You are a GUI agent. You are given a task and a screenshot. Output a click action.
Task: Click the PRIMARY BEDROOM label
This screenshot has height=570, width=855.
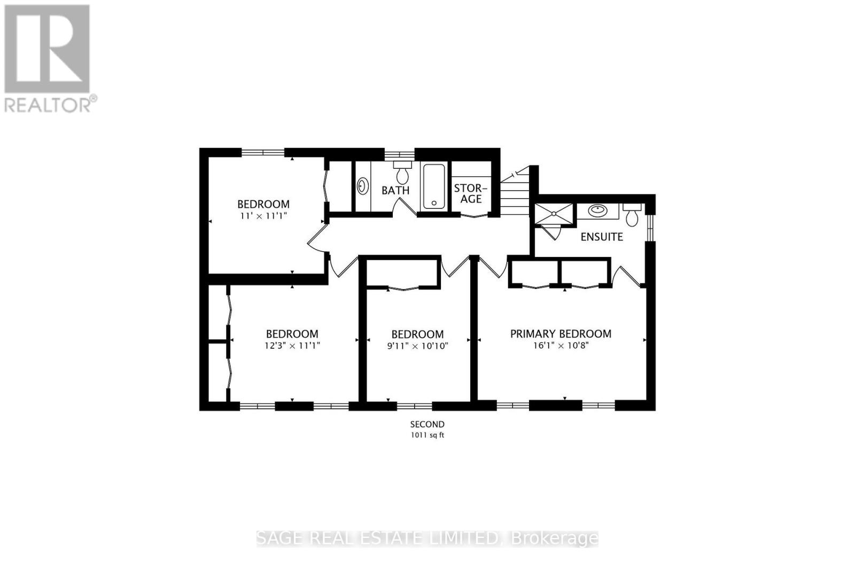pyautogui.click(x=561, y=334)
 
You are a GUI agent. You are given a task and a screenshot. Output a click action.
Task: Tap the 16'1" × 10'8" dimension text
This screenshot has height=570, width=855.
pyautogui.click(x=561, y=346)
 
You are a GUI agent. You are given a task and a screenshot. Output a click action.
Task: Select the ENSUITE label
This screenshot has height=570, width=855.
pyautogui.click(x=602, y=237)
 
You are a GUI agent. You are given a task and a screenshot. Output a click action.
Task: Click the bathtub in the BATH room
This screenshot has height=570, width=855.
pyautogui.click(x=434, y=186)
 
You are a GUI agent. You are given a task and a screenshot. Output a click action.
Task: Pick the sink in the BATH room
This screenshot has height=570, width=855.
pyautogui.click(x=362, y=186)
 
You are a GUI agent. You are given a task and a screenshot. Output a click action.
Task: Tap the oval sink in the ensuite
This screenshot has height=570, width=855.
pyautogui.click(x=597, y=210)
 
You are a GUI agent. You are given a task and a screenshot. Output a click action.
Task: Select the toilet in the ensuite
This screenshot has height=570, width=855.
pyautogui.click(x=632, y=215)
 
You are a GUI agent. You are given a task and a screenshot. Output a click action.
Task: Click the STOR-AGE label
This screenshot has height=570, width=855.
pyautogui.click(x=471, y=193)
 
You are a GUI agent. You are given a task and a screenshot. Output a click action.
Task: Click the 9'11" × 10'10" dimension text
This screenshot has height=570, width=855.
pyautogui.click(x=417, y=346)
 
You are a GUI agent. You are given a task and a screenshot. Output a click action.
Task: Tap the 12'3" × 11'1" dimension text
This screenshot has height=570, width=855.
pyautogui.click(x=292, y=346)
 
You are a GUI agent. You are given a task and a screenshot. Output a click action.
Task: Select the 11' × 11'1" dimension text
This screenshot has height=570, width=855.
pyautogui.click(x=263, y=215)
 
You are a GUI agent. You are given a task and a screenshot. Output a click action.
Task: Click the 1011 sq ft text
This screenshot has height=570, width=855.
pyautogui.click(x=427, y=435)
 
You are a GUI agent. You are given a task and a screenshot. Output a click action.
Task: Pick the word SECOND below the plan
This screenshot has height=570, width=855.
pyautogui.click(x=427, y=424)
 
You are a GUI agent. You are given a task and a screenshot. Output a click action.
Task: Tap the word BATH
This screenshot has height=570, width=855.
pyautogui.click(x=395, y=190)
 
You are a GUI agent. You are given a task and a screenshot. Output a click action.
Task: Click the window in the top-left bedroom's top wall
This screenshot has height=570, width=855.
pyautogui.click(x=262, y=152)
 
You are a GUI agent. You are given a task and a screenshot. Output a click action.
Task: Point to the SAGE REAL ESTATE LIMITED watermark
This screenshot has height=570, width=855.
pyautogui.click(x=427, y=538)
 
